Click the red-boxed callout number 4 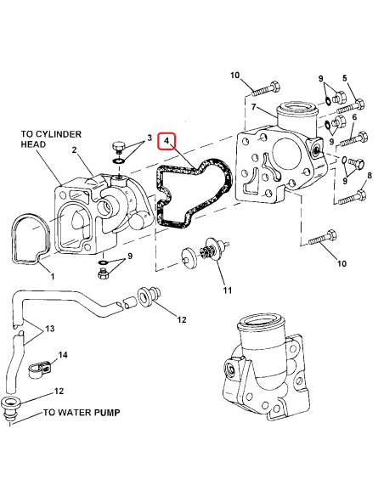point(168,140)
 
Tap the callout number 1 point(51,277)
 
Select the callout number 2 point(75,151)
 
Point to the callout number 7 point(253,108)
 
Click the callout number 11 point(227,290)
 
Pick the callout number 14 point(62,355)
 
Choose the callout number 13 point(49,329)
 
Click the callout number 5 point(344,78)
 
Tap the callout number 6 point(353,118)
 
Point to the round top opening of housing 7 point(296,109)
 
